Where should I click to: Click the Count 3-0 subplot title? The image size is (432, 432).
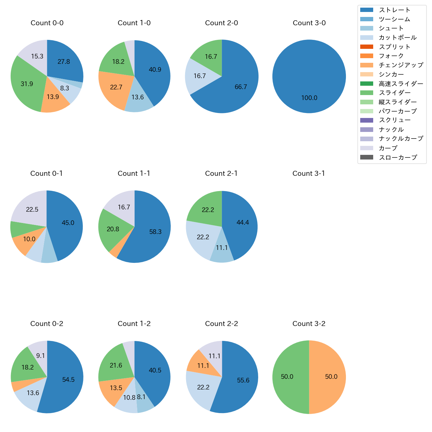[309, 23]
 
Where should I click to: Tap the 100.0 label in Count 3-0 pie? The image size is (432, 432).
[309, 98]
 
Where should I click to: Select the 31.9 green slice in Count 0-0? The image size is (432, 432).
[27, 84]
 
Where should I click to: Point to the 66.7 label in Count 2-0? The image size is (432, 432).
[241, 87]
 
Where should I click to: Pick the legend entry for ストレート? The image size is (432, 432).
[394, 10]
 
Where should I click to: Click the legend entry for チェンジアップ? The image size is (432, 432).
[401, 65]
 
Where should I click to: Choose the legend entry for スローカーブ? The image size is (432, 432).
[398, 158]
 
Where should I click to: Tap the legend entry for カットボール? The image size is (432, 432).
[397, 38]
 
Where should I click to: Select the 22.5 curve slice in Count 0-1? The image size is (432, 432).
[32, 209]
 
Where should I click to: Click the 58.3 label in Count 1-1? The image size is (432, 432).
[155, 232]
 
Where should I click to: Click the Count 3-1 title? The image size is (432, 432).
[309, 173]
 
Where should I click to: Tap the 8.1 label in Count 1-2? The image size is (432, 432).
[141, 397]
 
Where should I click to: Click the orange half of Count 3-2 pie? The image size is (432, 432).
[329, 377]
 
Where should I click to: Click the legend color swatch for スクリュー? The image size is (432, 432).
[367, 120]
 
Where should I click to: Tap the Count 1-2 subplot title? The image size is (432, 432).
[134, 324]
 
